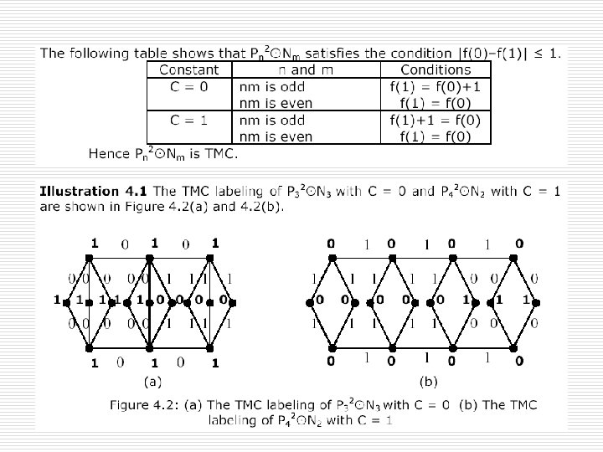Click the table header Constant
tap(188, 70)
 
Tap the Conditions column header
tap(435, 70)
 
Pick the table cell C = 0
tap(188, 87)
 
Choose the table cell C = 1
tap(188, 121)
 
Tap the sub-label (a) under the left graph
tap(152, 383)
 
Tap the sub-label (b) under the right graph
tap(428, 383)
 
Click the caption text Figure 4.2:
tap(145, 404)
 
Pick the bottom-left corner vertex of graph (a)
tap(89, 347)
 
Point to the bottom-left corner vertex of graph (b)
tap(332, 347)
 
